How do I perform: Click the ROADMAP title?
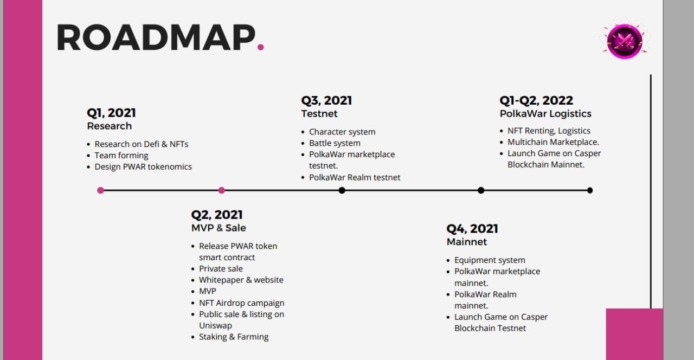156,37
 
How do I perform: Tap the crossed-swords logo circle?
625,41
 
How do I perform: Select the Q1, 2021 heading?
111,113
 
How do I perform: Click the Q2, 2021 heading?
217,215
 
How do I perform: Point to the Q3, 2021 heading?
326,100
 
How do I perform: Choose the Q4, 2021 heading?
472,229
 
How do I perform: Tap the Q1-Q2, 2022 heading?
536,100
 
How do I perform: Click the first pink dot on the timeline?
100,190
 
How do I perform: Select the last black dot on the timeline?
590,190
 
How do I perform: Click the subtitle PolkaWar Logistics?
545,114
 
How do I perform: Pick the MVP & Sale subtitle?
219,228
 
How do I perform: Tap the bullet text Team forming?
121,155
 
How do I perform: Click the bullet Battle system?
335,143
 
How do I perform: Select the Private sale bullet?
221,268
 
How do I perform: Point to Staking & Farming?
234,337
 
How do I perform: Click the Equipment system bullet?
490,260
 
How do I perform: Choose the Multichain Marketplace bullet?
554,142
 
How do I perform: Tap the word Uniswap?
215,325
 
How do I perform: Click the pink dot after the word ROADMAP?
261,47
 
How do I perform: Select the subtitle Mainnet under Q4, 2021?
467,242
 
